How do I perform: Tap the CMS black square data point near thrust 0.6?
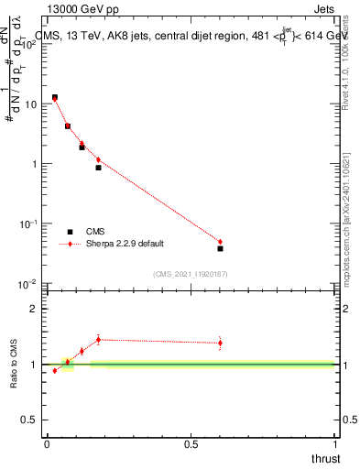pyautogui.click(x=220, y=248)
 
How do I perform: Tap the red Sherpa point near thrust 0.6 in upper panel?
pyautogui.click(x=220, y=242)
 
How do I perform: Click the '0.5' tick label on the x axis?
pyautogui.click(x=191, y=444)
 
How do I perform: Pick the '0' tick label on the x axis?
pyautogui.click(x=46, y=444)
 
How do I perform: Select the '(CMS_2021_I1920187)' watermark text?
pyautogui.click(x=191, y=273)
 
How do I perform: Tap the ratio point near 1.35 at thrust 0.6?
pyautogui.click(x=220, y=344)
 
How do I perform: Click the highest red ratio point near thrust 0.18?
pyautogui.click(x=98, y=339)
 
